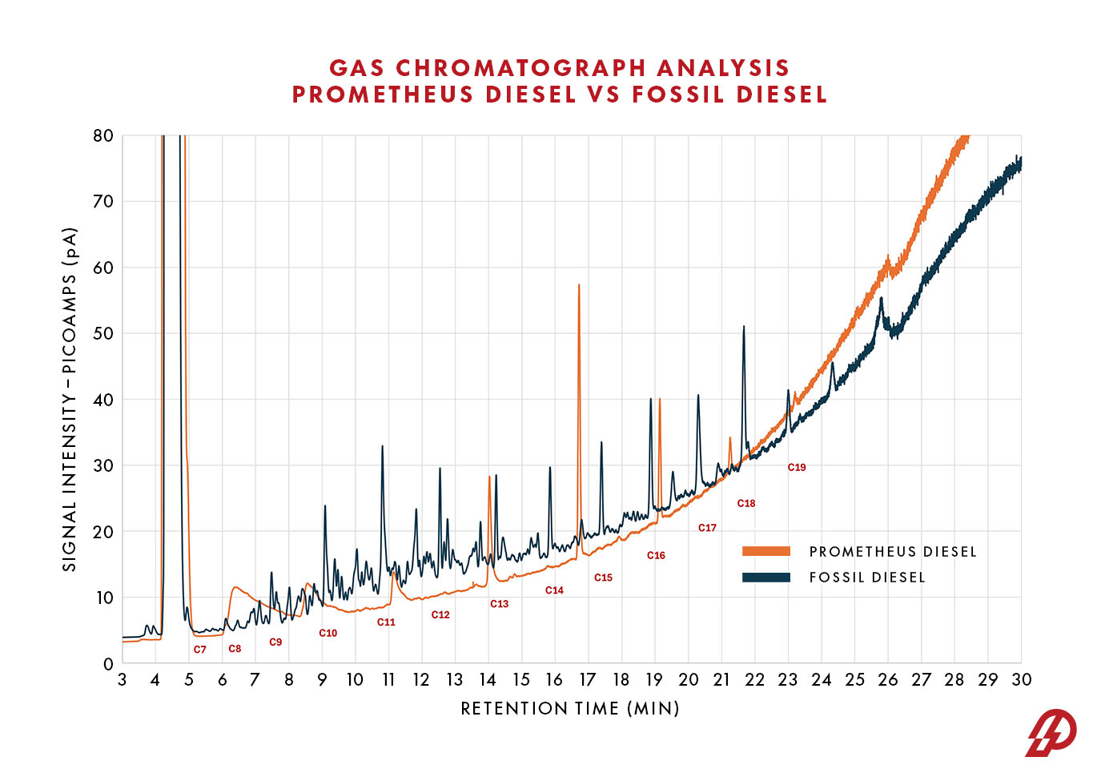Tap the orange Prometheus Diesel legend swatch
[x=765, y=551]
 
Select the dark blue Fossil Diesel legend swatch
[x=765, y=578]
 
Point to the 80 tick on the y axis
[x=103, y=135]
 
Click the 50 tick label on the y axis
[x=103, y=333]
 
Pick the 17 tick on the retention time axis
[x=588, y=680]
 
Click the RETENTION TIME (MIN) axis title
[x=569, y=709]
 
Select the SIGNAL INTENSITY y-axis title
[x=70, y=399]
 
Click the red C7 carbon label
[x=199, y=650]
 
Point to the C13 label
[x=499, y=604]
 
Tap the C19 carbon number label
[x=796, y=467]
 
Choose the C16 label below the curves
[x=656, y=555]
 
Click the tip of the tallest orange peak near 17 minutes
[x=579, y=285]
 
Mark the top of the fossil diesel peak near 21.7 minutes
[x=744, y=327]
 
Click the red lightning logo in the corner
[x=1051, y=732]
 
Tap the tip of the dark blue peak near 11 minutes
[x=382, y=446]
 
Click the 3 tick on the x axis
[x=123, y=680]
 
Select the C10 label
[x=327, y=633]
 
